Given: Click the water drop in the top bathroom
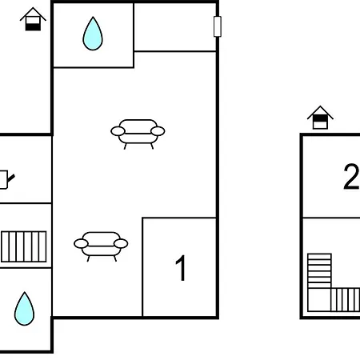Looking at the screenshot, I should coord(93,33).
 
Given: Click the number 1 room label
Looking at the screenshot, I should coord(182,269).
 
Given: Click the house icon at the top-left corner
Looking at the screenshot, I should coord(33,19).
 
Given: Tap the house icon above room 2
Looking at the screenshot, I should coord(320,117).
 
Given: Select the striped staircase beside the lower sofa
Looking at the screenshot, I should coord(25,246).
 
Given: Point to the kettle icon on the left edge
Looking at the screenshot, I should coord(5,179).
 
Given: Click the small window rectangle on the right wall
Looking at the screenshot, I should coord(217,26).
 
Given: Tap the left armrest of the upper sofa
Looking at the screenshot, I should coord(117,130).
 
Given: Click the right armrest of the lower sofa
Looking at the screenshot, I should coord(122,242).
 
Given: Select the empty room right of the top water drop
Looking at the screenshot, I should coord(175,27).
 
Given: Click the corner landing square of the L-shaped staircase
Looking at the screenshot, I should coord(319,300).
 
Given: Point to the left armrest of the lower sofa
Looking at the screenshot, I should coord(80,242).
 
